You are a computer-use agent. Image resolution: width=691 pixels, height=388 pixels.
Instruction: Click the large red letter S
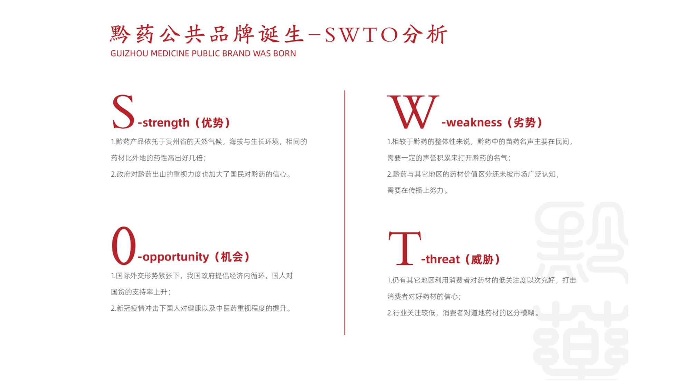(123, 111)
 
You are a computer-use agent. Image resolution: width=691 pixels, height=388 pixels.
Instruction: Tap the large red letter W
(413, 111)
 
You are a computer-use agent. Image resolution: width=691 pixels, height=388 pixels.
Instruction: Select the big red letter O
(124, 245)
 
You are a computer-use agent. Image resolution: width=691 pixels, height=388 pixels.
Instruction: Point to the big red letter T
(405, 248)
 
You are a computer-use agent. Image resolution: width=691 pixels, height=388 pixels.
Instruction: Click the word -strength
(164, 123)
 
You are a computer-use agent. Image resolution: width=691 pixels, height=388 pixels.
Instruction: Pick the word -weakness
(472, 122)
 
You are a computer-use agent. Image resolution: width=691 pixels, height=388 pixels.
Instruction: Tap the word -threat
(441, 259)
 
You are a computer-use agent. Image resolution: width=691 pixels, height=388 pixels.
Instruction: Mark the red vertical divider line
(344, 212)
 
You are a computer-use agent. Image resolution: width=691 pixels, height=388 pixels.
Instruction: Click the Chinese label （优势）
(212, 123)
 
